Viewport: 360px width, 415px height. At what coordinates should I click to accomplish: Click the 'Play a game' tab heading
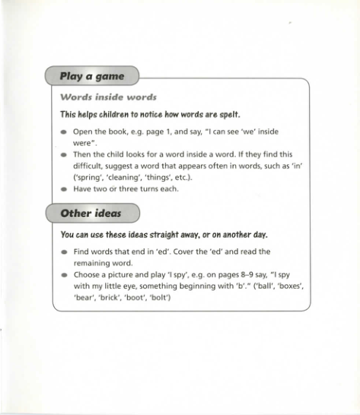91,77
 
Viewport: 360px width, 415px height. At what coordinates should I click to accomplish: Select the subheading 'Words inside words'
107,97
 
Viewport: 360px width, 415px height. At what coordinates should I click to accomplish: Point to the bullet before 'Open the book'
65,132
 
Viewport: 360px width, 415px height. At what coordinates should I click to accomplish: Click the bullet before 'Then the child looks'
65,154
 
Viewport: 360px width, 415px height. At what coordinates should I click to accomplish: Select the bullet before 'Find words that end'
65,251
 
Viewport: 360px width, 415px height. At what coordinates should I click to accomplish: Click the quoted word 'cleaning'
130,177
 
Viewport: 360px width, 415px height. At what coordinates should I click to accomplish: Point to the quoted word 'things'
171,177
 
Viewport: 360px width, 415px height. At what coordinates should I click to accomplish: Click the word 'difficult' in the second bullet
90,165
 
